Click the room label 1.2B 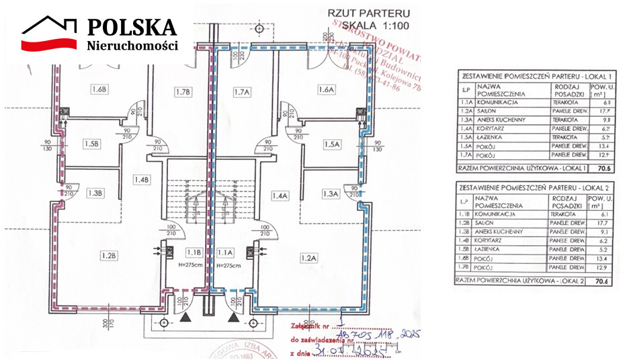110,255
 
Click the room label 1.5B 92,143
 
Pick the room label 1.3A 329,193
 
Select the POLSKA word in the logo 132,27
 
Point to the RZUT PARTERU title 359,11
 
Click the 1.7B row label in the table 462,267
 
